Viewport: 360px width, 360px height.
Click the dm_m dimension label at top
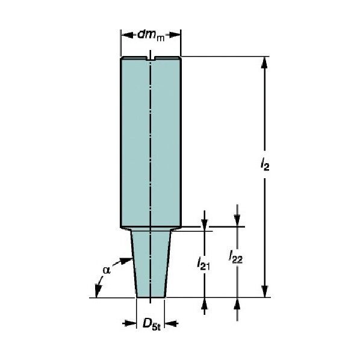click(151, 36)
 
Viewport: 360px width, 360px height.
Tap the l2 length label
click(265, 164)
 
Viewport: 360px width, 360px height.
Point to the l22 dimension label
click(236, 256)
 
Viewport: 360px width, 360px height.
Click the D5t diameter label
click(152, 324)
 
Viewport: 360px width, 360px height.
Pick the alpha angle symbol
click(107, 270)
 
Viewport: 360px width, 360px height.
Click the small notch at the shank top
click(151, 58)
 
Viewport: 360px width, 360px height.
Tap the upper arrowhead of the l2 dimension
click(265, 63)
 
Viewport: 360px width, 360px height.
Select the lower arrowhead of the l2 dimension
click(265, 291)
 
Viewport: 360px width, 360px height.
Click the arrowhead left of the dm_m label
click(127, 36)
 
